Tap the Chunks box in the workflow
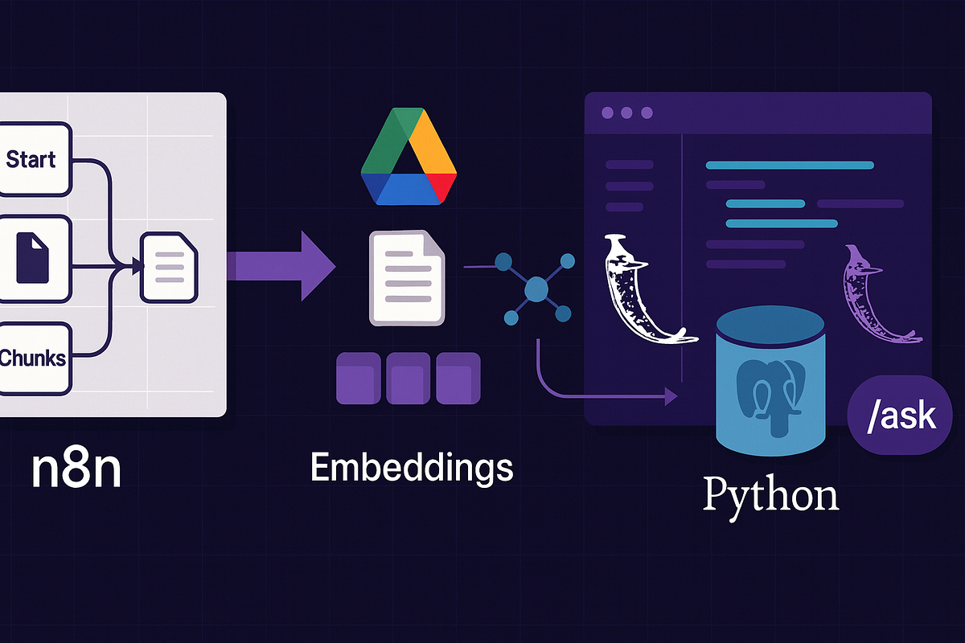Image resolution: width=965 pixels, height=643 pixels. tap(34, 357)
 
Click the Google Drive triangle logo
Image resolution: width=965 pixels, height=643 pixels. tap(409, 161)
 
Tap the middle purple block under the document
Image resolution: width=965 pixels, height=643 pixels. tap(409, 377)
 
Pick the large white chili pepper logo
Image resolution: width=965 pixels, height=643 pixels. tap(639, 289)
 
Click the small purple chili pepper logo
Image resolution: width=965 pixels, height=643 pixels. tap(873, 293)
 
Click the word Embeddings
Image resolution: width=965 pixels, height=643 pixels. tap(411, 468)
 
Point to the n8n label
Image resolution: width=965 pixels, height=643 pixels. tap(76, 469)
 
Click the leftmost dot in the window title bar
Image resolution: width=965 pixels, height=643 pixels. tap(606, 113)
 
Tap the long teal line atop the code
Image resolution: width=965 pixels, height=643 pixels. tap(790, 166)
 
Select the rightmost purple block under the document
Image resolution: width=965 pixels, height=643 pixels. tap(458, 377)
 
